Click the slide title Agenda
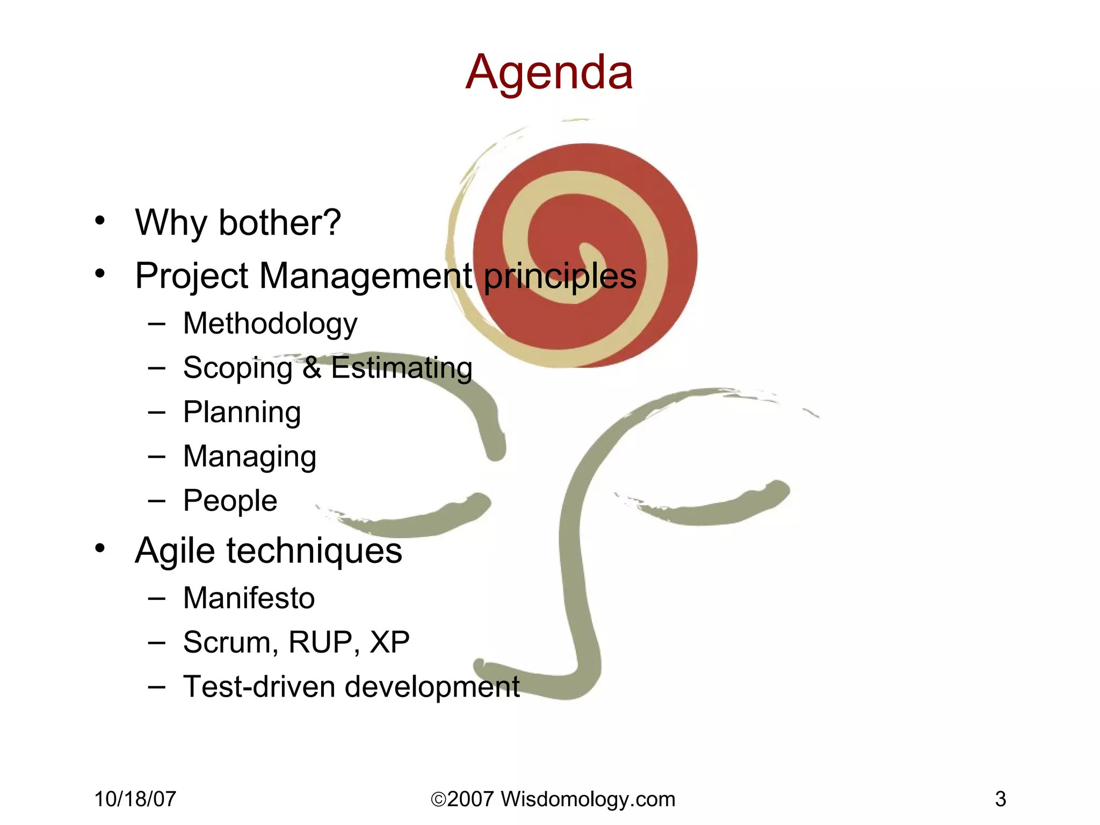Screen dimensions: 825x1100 coord(549,73)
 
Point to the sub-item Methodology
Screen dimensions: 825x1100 coord(270,324)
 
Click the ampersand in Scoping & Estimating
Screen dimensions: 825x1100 coord(312,368)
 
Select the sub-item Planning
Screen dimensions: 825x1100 coord(242,412)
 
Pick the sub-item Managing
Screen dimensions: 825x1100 coord(249,457)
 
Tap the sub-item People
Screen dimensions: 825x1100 coord(230,501)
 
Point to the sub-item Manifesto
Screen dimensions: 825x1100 coord(249,598)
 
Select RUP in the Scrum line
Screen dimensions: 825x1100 coord(320,642)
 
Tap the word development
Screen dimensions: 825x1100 coord(432,686)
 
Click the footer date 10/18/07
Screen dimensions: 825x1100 coord(135,799)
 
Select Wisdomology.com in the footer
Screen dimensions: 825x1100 coord(588,799)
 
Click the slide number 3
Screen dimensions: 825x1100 coord(1000,799)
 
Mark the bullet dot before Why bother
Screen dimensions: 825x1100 coord(100,220)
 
